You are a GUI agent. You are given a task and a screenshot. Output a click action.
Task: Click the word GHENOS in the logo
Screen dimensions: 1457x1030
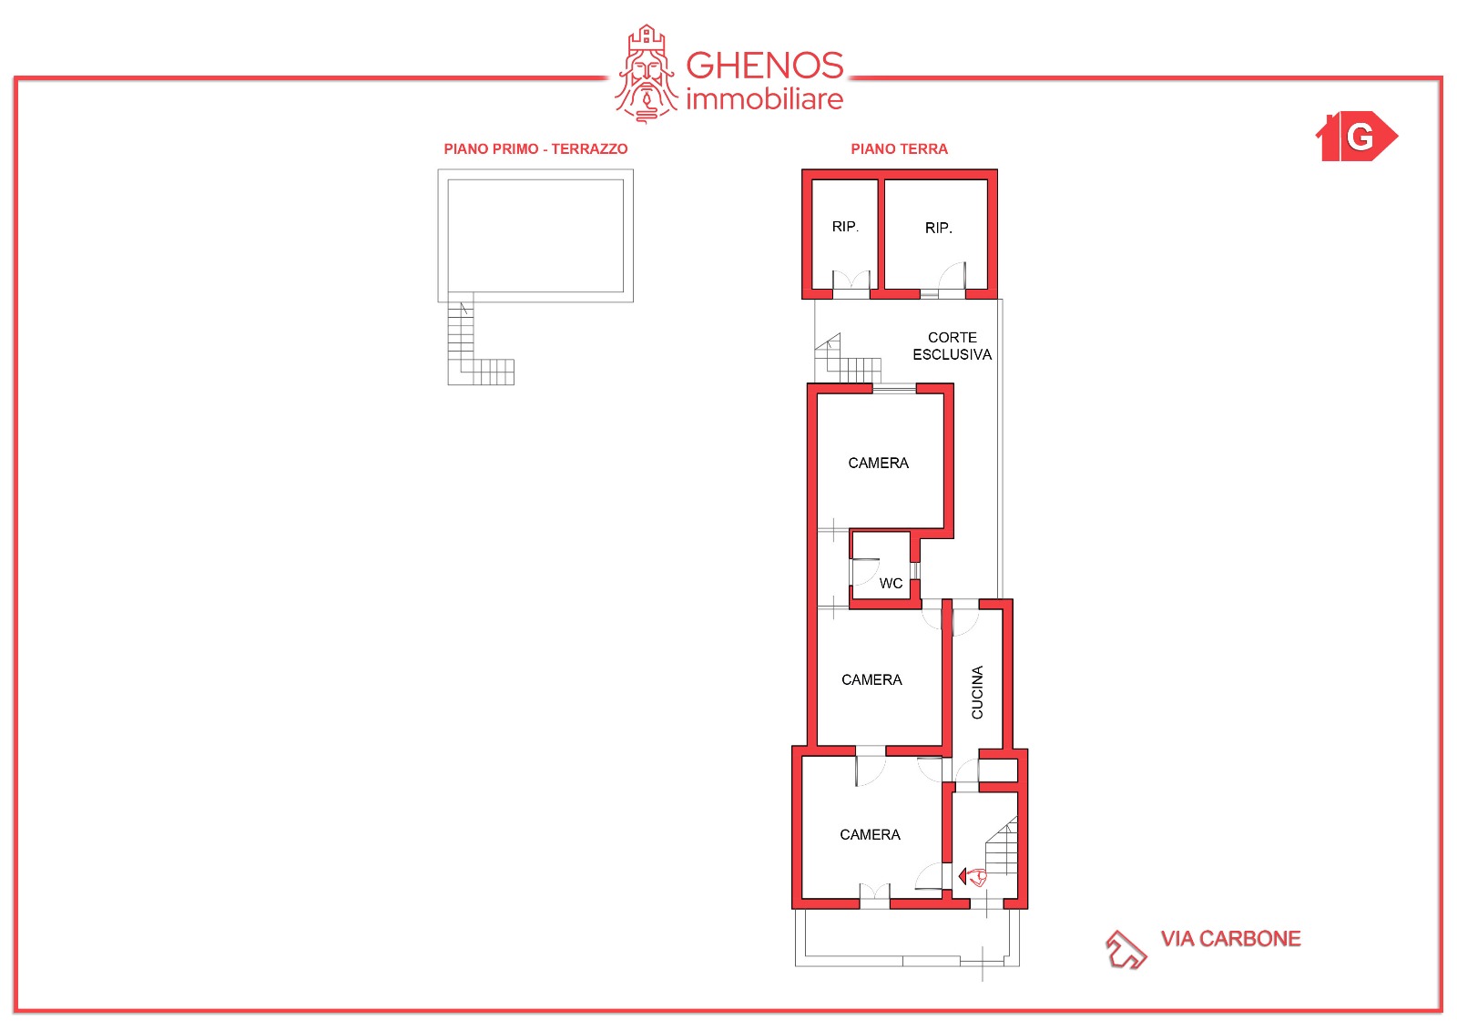pyautogui.click(x=764, y=65)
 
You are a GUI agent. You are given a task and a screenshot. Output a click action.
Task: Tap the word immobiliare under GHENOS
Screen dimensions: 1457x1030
pyautogui.click(x=764, y=99)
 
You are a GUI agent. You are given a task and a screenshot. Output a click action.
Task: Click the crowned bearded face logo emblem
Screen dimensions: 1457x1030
pyautogui.click(x=646, y=74)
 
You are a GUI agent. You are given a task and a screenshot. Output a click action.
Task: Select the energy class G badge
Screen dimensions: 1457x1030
pyautogui.click(x=1356, y=136)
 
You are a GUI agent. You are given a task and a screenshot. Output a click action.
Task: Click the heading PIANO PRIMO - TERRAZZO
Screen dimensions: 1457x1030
pyautogui.click(x=535, y=149)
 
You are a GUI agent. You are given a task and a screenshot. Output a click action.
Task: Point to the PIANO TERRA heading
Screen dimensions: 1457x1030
pyautogui.click(x=899, y=149)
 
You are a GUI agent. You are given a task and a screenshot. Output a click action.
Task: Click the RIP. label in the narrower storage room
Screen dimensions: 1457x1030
pyautogui.click(x=845, y=227)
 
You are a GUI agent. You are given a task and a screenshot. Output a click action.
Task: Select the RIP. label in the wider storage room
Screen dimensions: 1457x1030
pyautogui.click(x=938, y=228)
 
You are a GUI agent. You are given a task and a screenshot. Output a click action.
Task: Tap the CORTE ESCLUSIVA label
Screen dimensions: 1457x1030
pyautogui.click(x=952, y=345)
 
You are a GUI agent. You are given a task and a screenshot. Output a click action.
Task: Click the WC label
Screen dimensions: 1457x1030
pyautogui.click(x=891, y=583)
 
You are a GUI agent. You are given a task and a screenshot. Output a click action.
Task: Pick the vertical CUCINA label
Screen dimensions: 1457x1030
pyautogui.click(x=976, y=691)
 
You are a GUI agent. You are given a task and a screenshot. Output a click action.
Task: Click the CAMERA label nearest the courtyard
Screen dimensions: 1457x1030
pyautogui.click(x=878, y=463)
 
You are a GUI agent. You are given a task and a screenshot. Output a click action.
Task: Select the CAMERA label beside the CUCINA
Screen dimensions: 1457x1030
pyautogui.click(x=871, y=679)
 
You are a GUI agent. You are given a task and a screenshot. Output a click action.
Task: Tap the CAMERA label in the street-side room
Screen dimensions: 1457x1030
pyautogui.click(x=870, y=834)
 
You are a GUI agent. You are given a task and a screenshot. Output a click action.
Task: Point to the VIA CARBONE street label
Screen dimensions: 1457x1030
pyautogui.click(x=1230, y=938)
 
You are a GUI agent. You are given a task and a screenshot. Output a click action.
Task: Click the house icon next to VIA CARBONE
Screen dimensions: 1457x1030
pyautogui.click(x=1126, y=949)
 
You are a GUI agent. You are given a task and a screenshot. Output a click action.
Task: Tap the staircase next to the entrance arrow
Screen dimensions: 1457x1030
pyautogui.click(x=1002, y=848)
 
